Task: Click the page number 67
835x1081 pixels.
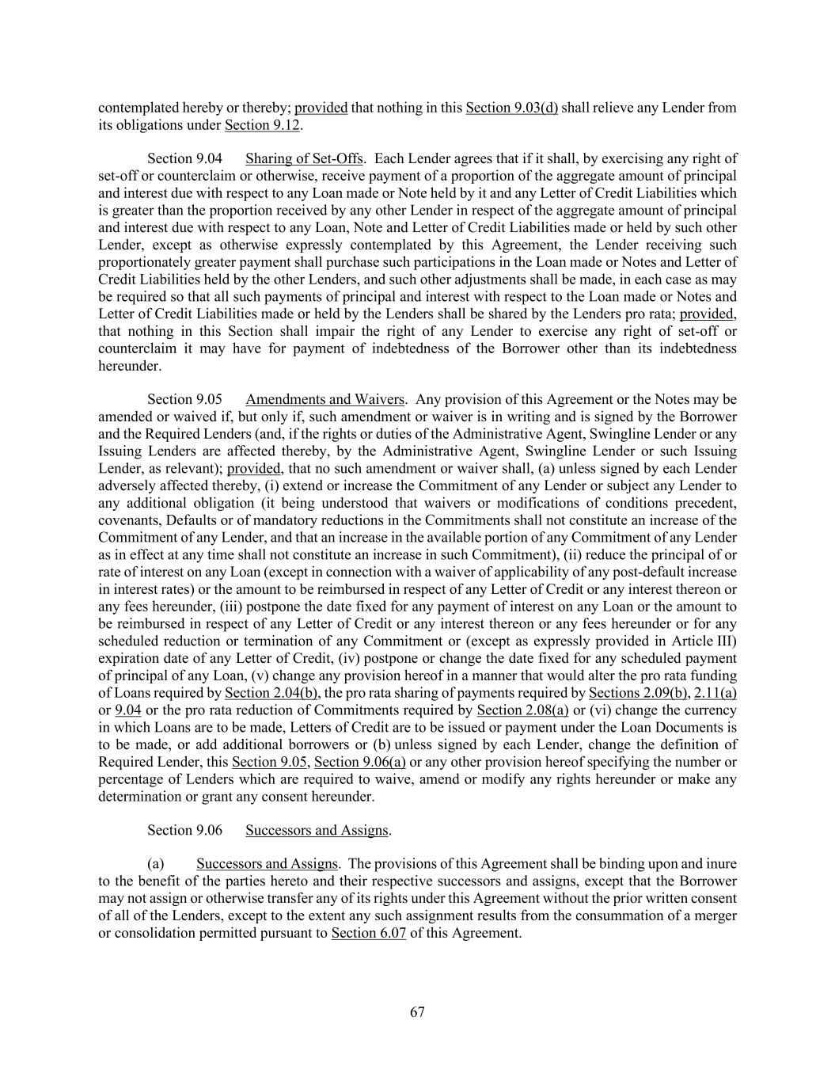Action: pyautogui.click(x=417, y=1012)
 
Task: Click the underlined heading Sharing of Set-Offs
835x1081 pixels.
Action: pyautogui.click(x=304, y=158)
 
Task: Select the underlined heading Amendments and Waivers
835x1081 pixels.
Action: pyautogui.click(x=325, y=399)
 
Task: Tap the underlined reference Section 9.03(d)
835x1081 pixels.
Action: pyautogui.click(x=511, y=108)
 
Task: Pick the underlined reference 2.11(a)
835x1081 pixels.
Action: pyautogui.click(x=715, y=693)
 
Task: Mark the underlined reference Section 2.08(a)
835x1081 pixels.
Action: pyautogui.click(x=522, y=710)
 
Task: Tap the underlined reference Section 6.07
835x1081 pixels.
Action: pyautogui.click(x=368, y=933)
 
